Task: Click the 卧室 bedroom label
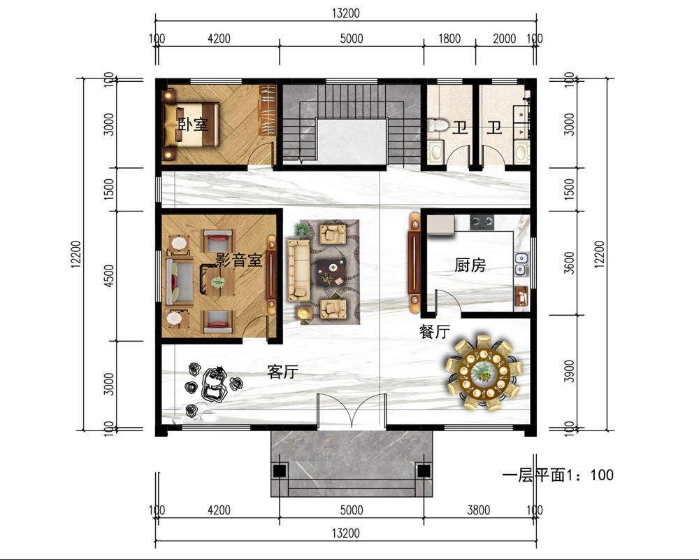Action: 193,124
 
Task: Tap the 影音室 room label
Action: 239,260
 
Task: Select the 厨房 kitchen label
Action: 470,265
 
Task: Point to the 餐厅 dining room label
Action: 434,332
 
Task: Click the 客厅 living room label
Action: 282,372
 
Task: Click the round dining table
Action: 483,372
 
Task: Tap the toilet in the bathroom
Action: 438,125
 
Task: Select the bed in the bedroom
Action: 192,125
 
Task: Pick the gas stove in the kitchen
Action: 482,221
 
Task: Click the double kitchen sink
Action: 521,263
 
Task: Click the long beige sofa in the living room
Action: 298,270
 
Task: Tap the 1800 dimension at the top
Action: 449,39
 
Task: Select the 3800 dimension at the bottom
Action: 478,510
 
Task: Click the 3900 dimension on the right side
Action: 569,371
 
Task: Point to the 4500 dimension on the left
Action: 108,276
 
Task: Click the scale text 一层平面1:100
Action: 558,475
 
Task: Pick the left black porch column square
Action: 280,470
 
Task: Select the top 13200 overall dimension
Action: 345,13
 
